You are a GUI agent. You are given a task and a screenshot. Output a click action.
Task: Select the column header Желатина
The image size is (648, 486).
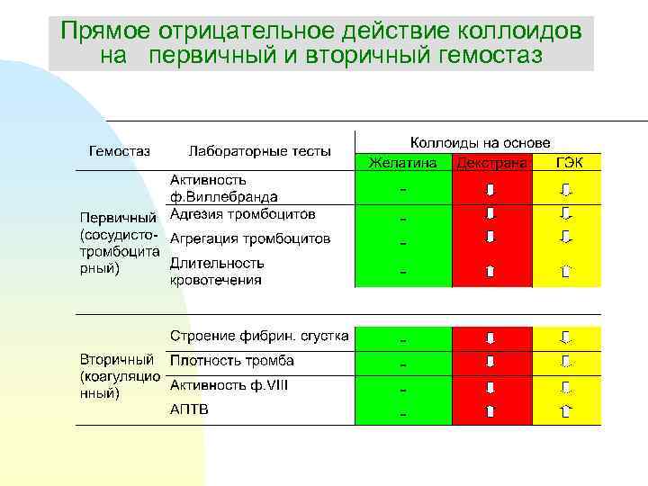[x=402, y=164]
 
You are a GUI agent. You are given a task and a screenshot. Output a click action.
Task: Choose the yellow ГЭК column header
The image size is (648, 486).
[x=568, y=164]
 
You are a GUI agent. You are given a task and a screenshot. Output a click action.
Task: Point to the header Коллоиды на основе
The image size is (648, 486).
[x=480, y=142]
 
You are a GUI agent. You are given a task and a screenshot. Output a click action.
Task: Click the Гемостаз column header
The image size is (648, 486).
[x=119, y=150]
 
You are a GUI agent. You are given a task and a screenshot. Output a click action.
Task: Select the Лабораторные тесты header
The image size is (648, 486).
[x=259, y=150]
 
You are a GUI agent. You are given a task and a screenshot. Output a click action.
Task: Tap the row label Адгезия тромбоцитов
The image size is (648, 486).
[x=243, y=214]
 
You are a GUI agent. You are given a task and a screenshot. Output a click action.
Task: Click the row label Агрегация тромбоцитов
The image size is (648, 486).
[x=250, y=238]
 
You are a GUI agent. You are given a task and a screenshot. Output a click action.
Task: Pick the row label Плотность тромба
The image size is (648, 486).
[x=232, y=361]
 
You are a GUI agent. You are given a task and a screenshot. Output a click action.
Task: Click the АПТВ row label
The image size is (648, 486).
[x=189, y=409]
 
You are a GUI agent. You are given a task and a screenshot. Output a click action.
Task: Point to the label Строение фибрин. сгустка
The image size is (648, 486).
[x=259, y=336]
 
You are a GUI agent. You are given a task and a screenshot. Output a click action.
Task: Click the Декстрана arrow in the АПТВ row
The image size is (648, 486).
[x=490, y=412]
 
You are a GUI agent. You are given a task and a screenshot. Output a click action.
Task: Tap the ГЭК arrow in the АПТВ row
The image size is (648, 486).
[x=566, y=412]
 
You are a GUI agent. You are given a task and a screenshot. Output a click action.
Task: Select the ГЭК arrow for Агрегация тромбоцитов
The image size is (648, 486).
[x=566, y=237]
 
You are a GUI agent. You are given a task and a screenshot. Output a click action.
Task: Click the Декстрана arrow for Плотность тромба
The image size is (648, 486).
[x=490, y=362]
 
